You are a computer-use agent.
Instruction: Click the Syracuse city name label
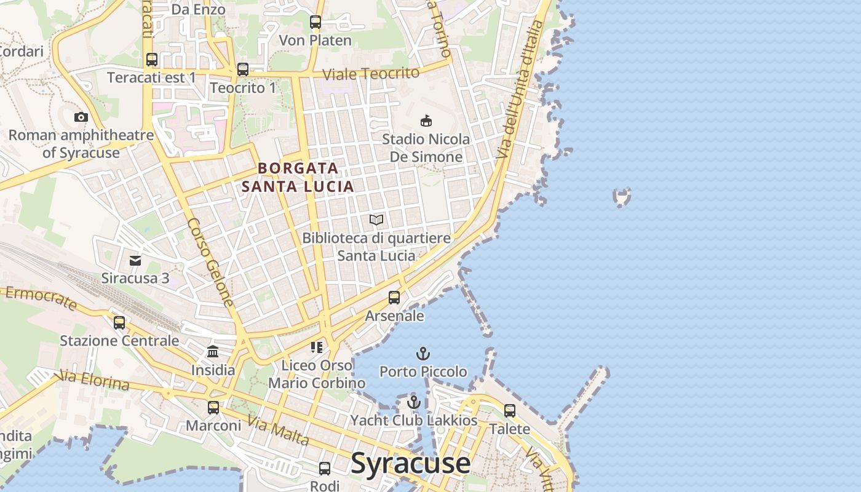410,464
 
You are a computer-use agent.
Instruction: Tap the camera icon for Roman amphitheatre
81,117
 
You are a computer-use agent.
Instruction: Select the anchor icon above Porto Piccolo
423,354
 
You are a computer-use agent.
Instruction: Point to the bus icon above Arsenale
394,298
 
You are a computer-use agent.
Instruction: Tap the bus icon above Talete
510,410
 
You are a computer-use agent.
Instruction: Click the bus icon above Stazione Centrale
119,322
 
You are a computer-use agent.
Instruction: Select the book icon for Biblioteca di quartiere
376,220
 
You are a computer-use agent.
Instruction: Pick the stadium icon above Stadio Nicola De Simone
426,121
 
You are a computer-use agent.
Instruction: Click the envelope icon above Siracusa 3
135,261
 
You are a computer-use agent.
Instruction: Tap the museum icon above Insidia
213,352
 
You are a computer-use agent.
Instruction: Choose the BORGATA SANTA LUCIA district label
298,177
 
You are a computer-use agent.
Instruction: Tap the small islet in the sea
622,197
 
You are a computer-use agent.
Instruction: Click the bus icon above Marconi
213,407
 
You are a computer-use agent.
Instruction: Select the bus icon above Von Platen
315,22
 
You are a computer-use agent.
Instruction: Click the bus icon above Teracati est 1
152,60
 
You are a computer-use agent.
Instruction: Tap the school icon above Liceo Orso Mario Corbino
317,347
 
